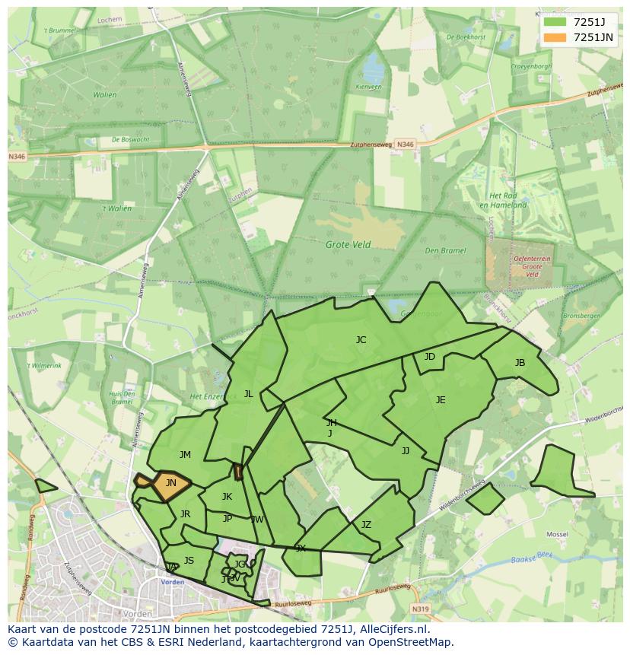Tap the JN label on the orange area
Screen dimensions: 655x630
(171, 483)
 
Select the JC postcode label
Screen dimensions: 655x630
(361, 340)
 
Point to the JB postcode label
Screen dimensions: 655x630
(520, 363)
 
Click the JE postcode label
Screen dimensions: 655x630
(441, 400)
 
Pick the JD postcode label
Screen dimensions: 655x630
(430, 357)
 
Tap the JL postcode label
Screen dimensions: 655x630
(248, 394)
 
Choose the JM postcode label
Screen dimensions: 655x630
(185, 455)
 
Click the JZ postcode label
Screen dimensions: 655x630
(366, 525)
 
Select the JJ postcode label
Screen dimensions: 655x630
(406, 451)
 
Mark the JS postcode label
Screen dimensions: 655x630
(189, 561)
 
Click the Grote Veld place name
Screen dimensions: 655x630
(348, 245)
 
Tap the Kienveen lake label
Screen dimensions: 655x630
(368, 87)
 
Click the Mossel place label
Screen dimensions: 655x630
(557, 535)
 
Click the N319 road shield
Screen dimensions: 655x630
(421, 609)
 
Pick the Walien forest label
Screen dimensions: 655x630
(105, 95)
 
